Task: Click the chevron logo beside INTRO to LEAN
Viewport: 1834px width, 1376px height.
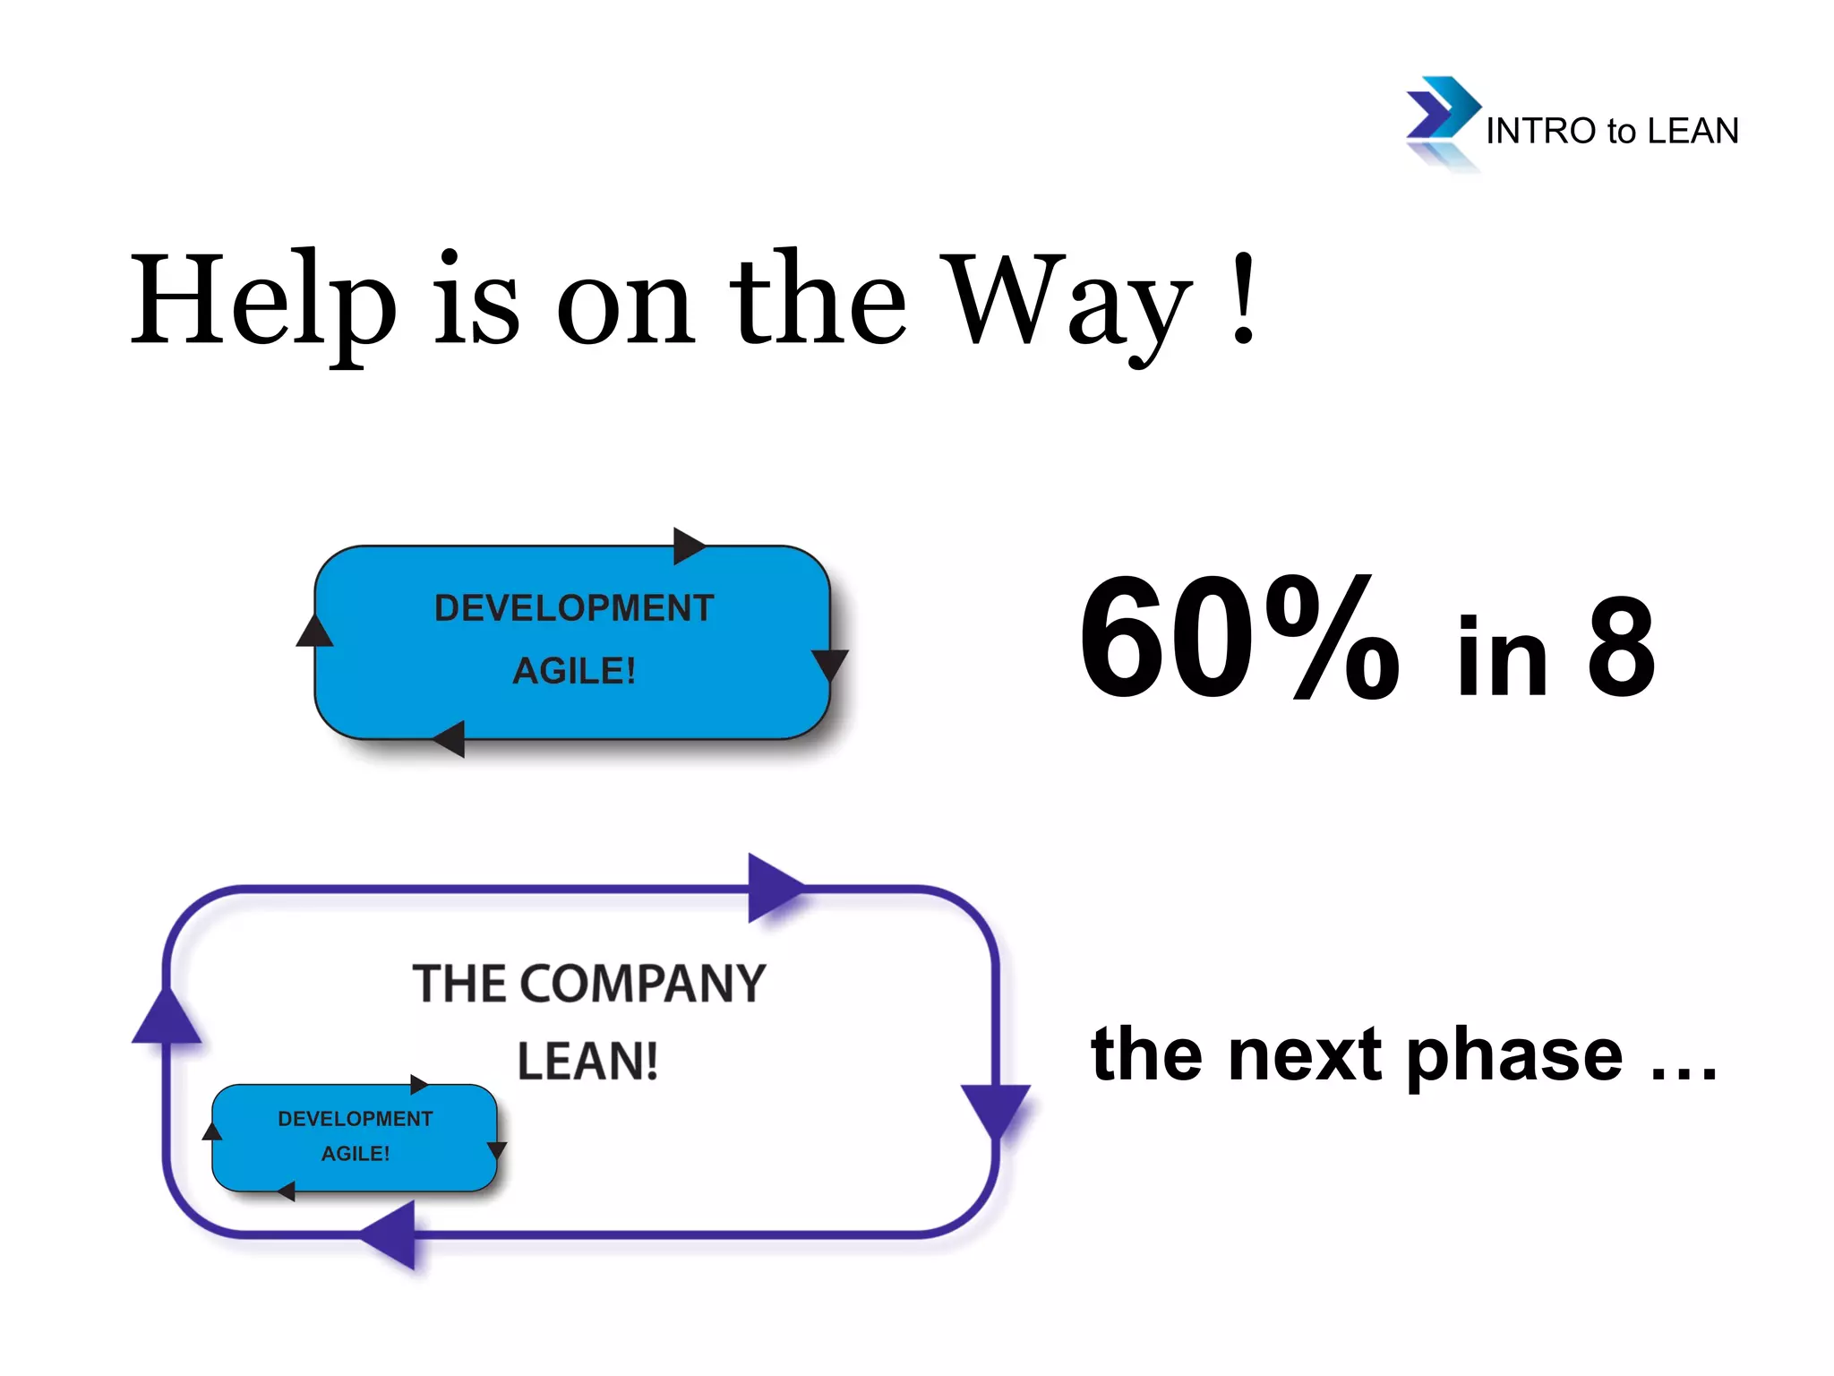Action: pyautogui.click(x=1440, y=111)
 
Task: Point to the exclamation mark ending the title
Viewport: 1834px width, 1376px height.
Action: pyautogui.click(x=1243, y=300)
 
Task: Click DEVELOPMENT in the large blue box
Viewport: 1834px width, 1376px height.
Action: pyautogui.click(x=574, y=608)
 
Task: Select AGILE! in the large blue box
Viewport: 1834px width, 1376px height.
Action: pyautogui.click(x=574, y=671)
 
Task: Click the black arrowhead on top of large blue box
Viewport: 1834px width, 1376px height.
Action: pyautogui.click(x=688, y=546)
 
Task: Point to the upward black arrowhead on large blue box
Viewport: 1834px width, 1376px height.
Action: pyautogui.click(x=314, y=632)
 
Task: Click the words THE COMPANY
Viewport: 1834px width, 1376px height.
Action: pyautogui.click(x=588, y=984)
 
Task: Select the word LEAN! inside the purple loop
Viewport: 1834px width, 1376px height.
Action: pyautogui.click(x=587, y=1062)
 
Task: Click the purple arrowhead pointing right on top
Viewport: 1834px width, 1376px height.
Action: pyautogui.click(x=772, y=888)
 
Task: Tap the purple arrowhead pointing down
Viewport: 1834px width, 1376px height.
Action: pyautogui.click(x=995, y=1109)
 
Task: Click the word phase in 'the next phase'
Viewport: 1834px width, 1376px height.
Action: pyautogui.click(x=1513, y=1055)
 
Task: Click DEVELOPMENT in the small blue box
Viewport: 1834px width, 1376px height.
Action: pyautogui.click(x=355, y=1119)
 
